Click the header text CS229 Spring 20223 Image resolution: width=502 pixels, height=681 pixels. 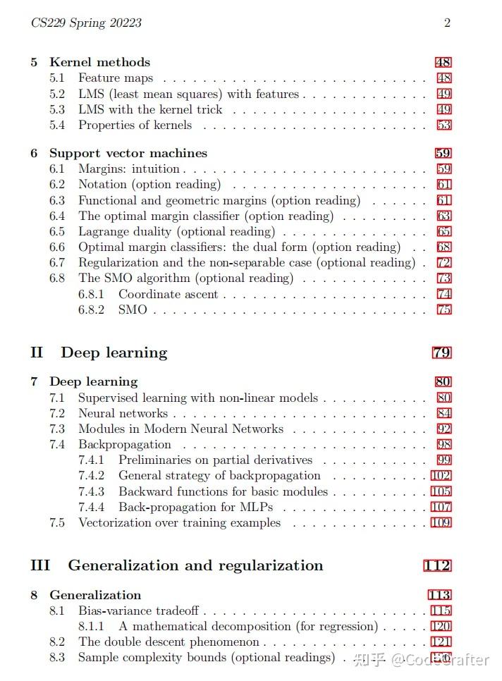(x=86, y=23)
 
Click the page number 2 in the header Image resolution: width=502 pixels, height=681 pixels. (x=447, y=23)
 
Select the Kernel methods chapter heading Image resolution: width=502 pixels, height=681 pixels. (x=99, y=62)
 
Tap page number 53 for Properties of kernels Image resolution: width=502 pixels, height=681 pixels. (x=443, y=125)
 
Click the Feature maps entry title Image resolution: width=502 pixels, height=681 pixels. (x=116, y=78)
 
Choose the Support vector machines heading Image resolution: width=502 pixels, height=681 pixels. (x=128, y=153)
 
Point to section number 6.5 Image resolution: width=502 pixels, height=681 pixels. (x=57, y=231)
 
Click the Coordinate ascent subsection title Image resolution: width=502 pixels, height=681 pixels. (x=169, y=294)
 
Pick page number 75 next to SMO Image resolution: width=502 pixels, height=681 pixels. (x=443, y=309)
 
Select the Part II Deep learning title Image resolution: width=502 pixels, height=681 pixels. (x=114, y=352)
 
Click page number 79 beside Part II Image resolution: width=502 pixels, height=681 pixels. (x=441, y=352)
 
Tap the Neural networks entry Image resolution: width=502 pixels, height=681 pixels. (x=123, y=413)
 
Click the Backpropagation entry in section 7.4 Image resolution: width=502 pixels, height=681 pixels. (x=125, y=444)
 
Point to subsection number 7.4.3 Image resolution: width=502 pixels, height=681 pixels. (x=92, y=491)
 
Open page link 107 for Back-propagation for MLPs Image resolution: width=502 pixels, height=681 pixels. (x=441, y=507)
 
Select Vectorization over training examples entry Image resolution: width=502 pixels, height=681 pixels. (x=179, y=522)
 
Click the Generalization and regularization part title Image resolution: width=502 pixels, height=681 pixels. (x=195, y=565)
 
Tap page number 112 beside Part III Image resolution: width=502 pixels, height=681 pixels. (x=437, y=565)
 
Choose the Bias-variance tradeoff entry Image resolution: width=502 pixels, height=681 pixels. (x=138, y=611)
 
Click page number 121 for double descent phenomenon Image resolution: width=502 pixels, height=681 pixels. (x=441, y=642)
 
